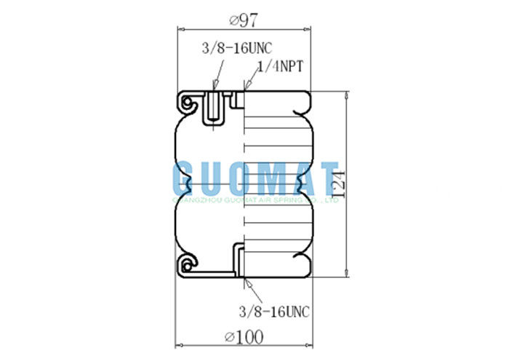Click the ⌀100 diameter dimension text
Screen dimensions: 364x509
click(244, 336)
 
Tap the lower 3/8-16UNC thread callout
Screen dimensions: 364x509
click(275, 312)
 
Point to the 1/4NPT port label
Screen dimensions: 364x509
click(279, 66)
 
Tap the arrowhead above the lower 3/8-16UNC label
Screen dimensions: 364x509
click(247, 282)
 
